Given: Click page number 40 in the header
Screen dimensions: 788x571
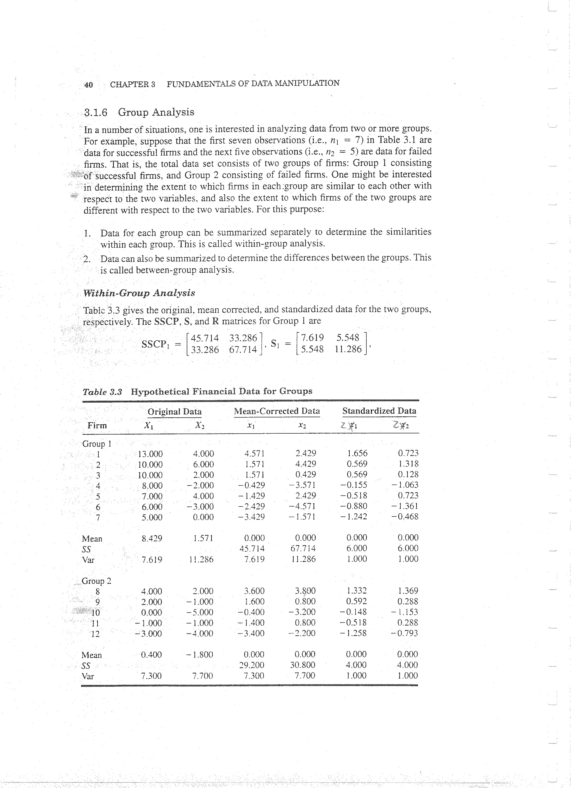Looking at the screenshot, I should [89, 85].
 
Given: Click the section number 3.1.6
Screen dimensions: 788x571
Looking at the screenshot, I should [96, 113].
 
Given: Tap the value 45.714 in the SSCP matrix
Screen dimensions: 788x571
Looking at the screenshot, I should [205, 338].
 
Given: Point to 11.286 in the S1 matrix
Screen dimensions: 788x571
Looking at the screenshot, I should [348, 349].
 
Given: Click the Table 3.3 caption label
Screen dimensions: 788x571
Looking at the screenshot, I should [102, 392].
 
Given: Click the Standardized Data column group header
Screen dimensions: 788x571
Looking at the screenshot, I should [379, 411].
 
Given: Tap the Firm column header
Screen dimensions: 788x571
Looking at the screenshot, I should [97, 426].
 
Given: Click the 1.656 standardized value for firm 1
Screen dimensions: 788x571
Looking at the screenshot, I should [357, 453].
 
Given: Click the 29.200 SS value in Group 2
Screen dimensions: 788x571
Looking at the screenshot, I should [252, 665].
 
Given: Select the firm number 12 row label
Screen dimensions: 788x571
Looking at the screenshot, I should [95, 634].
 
